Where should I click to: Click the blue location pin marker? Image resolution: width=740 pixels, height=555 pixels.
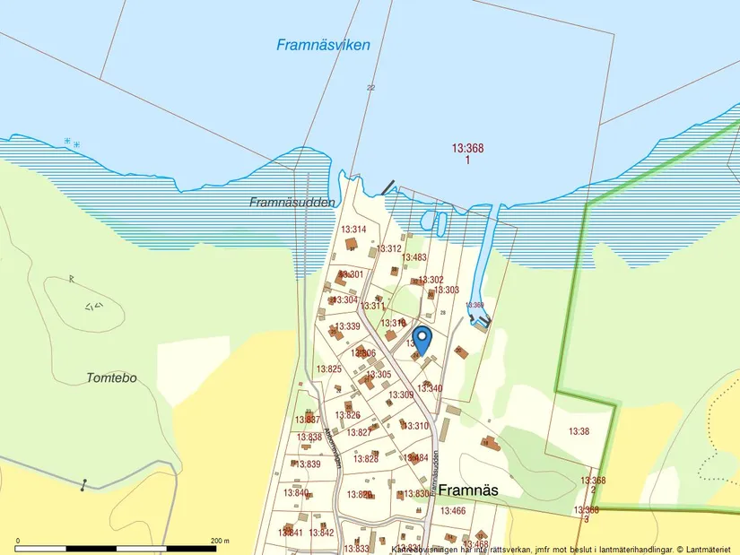point(422,339)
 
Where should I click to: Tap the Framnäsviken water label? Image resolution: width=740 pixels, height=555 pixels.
point(323,45)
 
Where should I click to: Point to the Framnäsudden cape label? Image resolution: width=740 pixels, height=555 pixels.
point(292,203)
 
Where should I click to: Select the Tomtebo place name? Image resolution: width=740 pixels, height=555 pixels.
point(112,377)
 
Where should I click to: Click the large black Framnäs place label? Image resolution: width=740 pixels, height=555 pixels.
point(467,490)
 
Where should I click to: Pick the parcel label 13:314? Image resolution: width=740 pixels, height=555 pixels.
point(353,230)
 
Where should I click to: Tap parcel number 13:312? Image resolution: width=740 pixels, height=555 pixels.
point(388,248)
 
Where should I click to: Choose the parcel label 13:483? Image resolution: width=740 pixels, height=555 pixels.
point(414,257)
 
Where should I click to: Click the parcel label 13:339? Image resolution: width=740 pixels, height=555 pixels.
point(347,326)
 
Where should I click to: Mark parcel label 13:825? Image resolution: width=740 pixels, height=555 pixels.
point(328,369)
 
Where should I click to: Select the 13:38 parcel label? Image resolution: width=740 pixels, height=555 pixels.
point(579,431)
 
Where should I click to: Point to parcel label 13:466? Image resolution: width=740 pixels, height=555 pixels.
point(454,511)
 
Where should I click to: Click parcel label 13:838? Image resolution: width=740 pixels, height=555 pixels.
point(309,438)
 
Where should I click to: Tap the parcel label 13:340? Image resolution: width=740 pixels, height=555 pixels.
point(430,388)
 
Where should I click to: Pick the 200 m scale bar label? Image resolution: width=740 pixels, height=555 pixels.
point(220,541)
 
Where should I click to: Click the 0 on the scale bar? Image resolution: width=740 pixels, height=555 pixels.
point(18,541)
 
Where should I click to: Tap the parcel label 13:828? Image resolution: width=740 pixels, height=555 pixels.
point(365,458)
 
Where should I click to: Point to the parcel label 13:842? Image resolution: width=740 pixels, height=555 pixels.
point(321,533)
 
